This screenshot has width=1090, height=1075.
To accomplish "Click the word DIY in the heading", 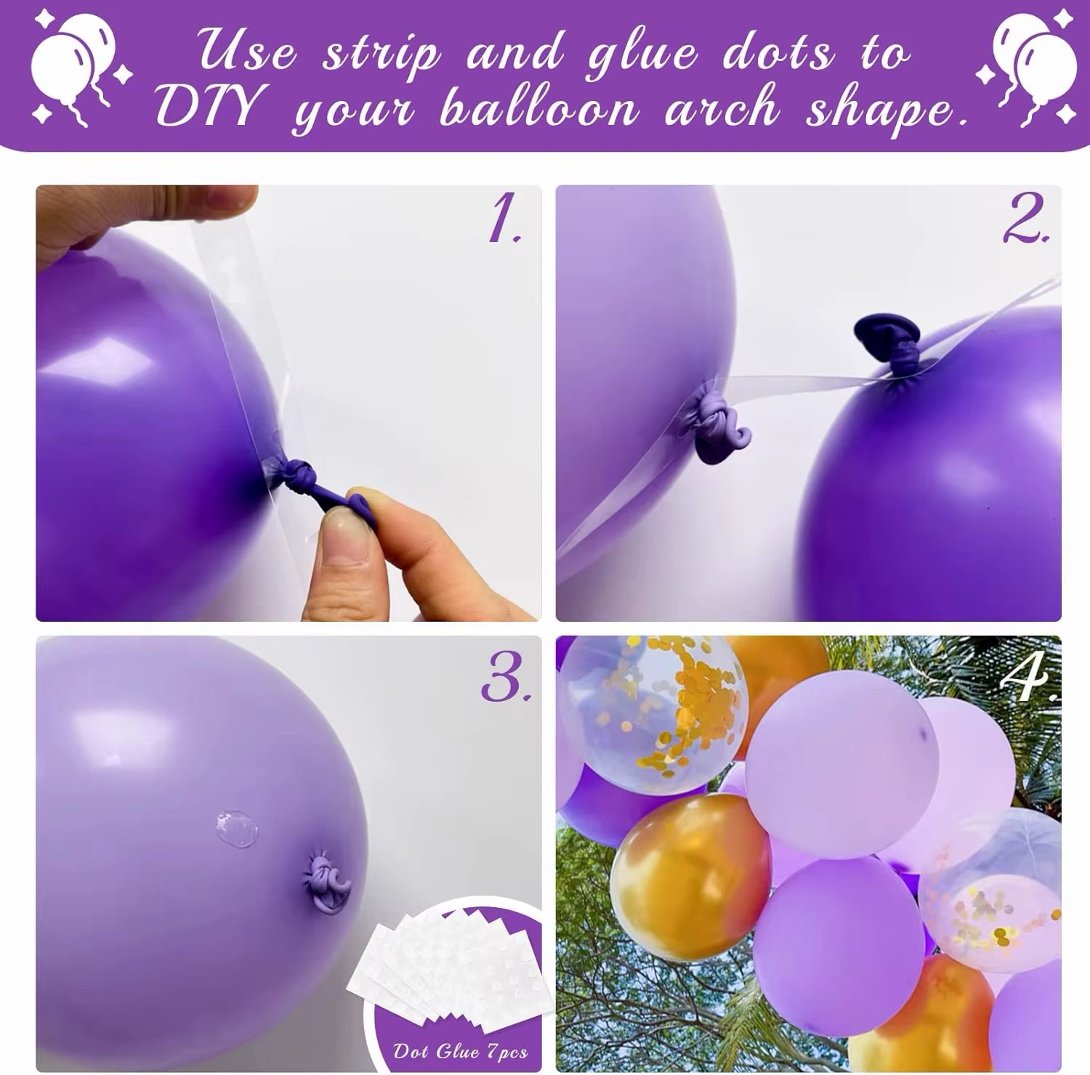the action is pyautogui.click(x=207, y=106).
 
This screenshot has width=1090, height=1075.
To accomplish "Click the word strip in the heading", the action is pyautogui.click(x=381, y=55).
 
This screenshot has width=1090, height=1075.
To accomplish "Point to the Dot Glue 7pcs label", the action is pyautogui.click(x=460, y=1051).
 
